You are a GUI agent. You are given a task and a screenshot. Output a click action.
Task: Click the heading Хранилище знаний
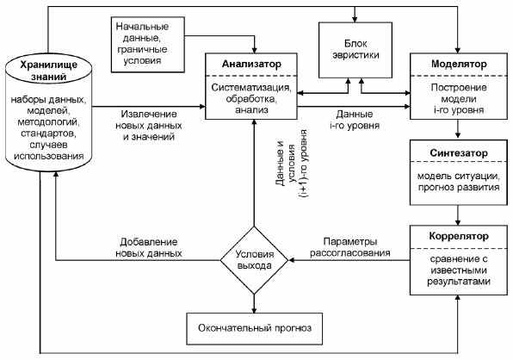(x=48, y=71)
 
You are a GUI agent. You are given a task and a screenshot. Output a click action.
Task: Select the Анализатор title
(x=251, y=64)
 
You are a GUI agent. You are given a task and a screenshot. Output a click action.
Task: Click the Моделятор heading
(x=459, y=64)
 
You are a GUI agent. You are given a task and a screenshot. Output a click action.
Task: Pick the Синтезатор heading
(x=459, y=152)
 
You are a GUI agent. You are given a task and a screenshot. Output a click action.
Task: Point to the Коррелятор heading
(x=459, y=236)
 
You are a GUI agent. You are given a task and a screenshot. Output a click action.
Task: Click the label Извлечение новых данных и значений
(x=149, y=126)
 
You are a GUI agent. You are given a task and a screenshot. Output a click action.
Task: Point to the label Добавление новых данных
(x=149, y=247)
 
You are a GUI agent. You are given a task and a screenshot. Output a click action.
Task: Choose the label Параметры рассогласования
(x=350, y=247)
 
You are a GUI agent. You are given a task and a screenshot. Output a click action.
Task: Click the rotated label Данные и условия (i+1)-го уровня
(x=291, y=164)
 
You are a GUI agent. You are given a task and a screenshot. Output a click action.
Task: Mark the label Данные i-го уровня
(x=355, y=120)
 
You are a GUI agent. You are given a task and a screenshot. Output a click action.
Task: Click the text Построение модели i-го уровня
(x=459, y=98)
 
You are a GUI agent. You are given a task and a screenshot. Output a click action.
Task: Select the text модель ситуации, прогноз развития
(x=459, y=182)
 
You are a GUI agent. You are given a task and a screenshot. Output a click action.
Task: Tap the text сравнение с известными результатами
(x=459, y=270)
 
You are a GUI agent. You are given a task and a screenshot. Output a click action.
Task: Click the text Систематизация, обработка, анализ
(x=251, y=98)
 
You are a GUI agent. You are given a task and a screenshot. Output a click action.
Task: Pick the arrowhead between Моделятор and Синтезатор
(x=458, y=135)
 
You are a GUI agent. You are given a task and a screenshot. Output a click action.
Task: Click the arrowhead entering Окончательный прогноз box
(x=254, y=309)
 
